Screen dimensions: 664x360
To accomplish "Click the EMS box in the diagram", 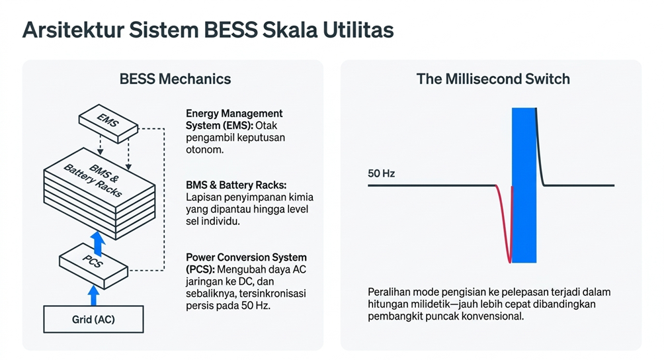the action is pyautogui.click(x=108, y=123).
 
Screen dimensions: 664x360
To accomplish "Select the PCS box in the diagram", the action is pyautogui.click(x=94, y=266).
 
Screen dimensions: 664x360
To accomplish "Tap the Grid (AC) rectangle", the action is pyautogui.click(x=94, y=320).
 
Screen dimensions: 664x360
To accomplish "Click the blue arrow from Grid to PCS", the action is pyautogui.click(x=94, y=295).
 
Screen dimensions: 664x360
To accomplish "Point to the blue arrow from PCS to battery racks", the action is pyautogui.click(x=99, y=244).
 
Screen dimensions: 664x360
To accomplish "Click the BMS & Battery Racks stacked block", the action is pyautogui.click(x=99, y=193).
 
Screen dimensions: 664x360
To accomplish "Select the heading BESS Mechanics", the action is pyautogui.click(x=175, y=79).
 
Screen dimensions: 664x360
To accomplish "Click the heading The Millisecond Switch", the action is pyautogui.click(x=493, y=79).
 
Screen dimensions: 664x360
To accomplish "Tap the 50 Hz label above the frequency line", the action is pyautogui.click(x=381, y=173).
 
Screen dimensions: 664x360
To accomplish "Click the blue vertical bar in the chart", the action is pyautogui.click(x=524, y=185).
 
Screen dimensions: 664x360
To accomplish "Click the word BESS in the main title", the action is pyautogui.click(x=230, y=30).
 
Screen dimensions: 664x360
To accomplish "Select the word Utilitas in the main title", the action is pyautogui.click(x=358, y=30).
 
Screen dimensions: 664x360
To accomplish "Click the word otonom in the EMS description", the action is pyautogui.click(x=204, y=150).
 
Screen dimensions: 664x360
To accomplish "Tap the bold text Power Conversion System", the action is pyautogui.click(x=246, y=257).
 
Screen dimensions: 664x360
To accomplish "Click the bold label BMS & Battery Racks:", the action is pyautogui.click(x=236, y=185).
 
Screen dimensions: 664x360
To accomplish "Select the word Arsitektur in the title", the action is pyautogui.click(x=73, y=30).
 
